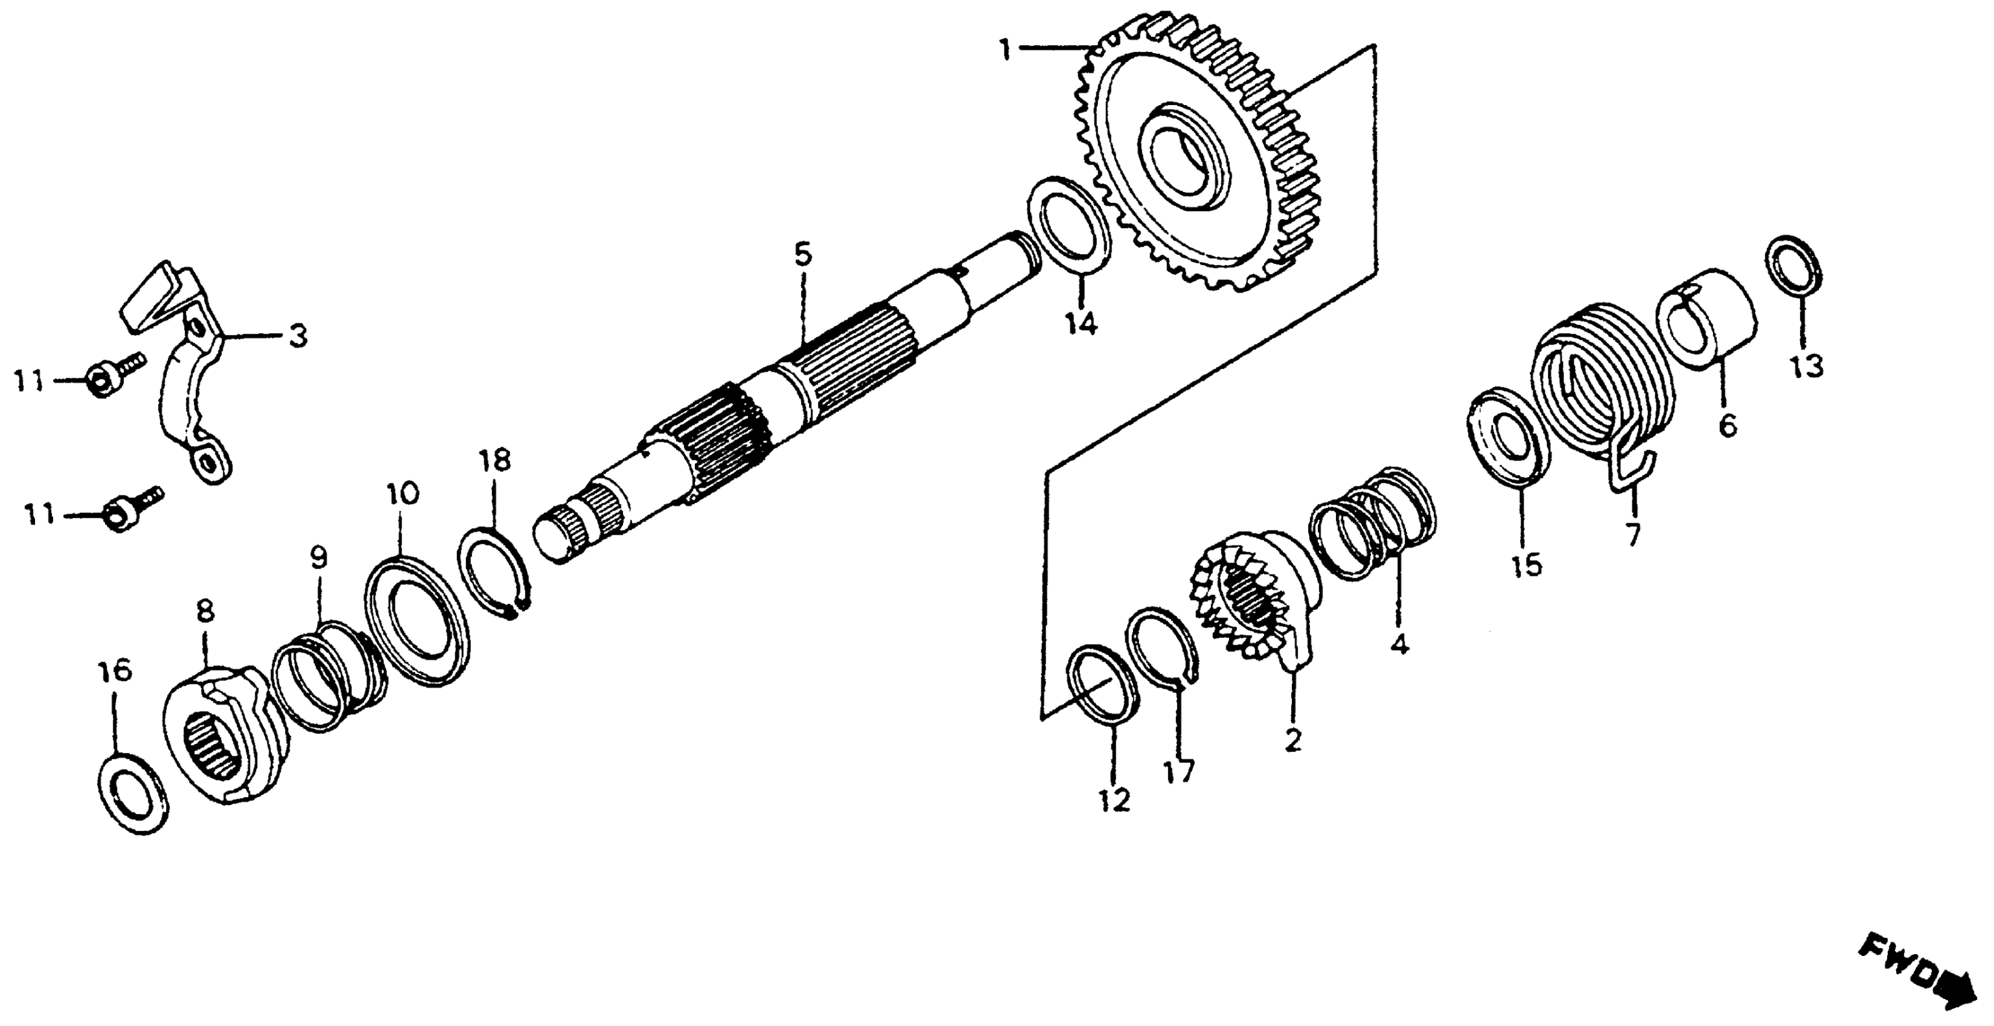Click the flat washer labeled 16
pos(134,794)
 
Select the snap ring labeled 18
pos(494,573)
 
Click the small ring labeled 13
pos(1794,266)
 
